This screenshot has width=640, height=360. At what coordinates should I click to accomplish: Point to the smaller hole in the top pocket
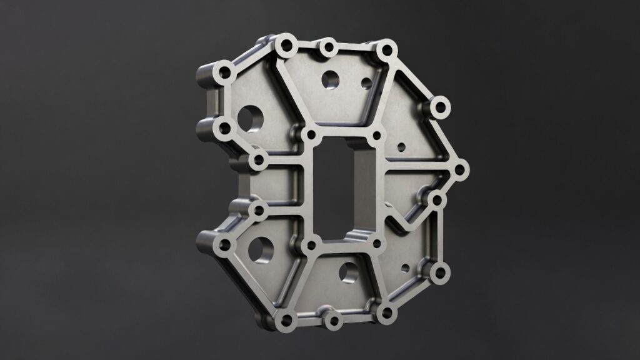click(367, 82)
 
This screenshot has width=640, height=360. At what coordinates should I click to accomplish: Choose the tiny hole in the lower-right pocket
click(405, 269)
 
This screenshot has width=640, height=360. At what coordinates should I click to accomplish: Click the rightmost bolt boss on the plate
click(459, 169)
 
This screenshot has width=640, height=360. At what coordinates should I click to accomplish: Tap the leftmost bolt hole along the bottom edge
click(287, 322)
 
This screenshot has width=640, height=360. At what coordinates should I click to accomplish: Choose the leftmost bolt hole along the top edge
click(287, 45)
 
